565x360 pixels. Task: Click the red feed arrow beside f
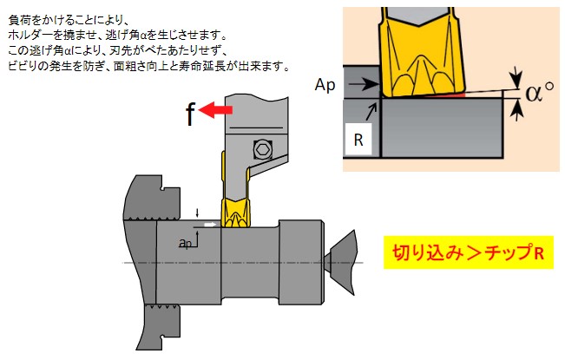pyautogui.click(x=217, y=110)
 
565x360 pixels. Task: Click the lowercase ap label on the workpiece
pyautogui.click(x=185, y=245)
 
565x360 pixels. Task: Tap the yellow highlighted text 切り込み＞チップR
pyautogui.click(x=468, y=252)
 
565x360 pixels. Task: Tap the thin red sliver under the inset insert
pyautogui.click(x=469, y=93)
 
